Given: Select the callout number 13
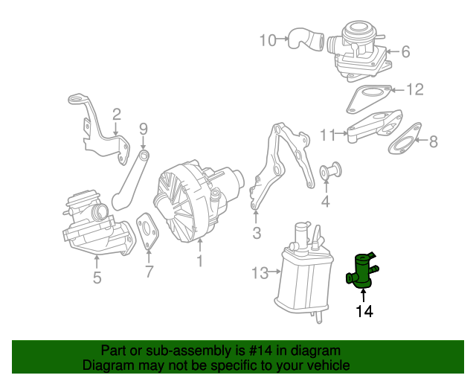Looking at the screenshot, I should pyautogui.click(x=260, y=273).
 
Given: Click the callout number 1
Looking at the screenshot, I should pyautogui.click(x=199, y=260).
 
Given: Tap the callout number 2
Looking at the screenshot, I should pyautogui.click(x=117, y=114).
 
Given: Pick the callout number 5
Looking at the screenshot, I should pyautogui.click(x=97, y=279).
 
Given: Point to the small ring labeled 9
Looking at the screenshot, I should pyautogui.click(x=144, y=156).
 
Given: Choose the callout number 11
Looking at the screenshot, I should pyautogui.click(x=328, y=135).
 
